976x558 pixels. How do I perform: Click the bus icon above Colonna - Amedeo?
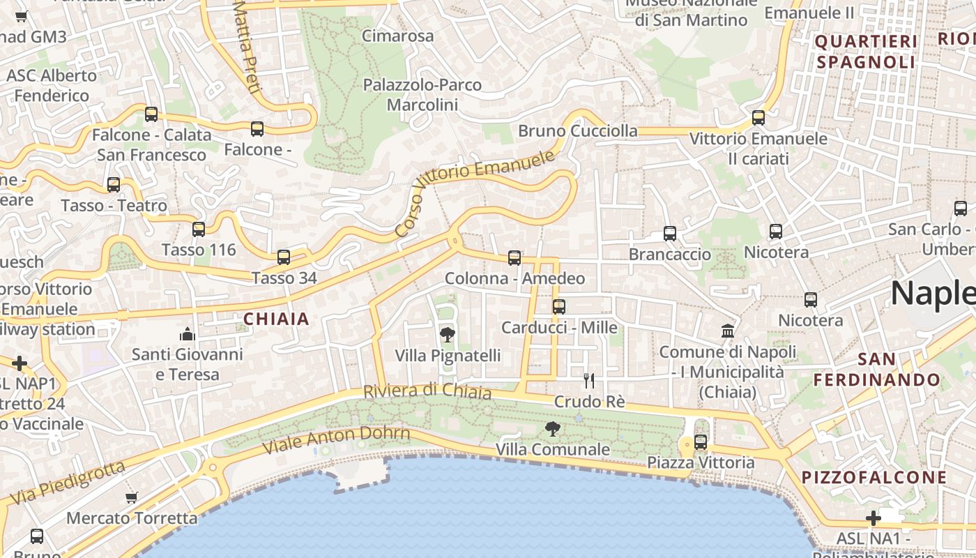click(514, 258)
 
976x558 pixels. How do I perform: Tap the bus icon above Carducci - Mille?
click(558, 307)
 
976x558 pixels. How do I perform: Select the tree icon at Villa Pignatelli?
click(448, 335)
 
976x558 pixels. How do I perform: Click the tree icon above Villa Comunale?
click(553, 429)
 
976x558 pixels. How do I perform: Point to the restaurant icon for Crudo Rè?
click(589, 381)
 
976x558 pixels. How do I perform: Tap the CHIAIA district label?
click(276, 319)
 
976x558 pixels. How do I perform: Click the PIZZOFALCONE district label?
click(874, 478)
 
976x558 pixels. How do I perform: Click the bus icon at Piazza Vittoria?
click(701, 442)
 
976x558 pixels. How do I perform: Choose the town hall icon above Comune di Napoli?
click(728, 331)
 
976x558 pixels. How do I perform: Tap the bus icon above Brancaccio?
click(670, 234)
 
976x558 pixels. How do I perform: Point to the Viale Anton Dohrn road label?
click(336, 439)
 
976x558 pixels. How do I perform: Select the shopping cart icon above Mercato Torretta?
click(132, 497)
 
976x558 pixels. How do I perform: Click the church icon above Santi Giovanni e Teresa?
click(188, 333)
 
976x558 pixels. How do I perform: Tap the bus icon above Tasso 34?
click(284, 257)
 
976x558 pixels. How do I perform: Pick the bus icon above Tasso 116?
click(199, 229)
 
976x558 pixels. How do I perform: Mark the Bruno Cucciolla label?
click(577, 131)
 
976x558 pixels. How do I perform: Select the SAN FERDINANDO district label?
click(877, 370)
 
